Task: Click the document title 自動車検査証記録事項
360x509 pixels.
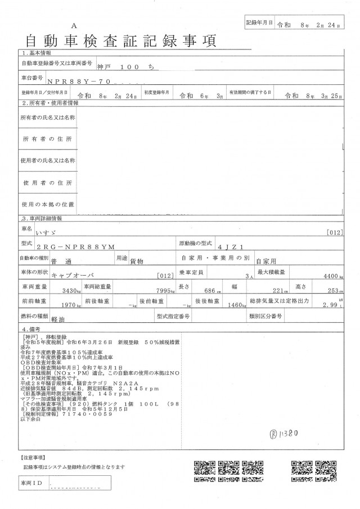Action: [x=119, y=41]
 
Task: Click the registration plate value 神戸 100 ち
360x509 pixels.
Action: [x=121, y=66]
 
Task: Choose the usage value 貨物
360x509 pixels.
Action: [x=137, y=262]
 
